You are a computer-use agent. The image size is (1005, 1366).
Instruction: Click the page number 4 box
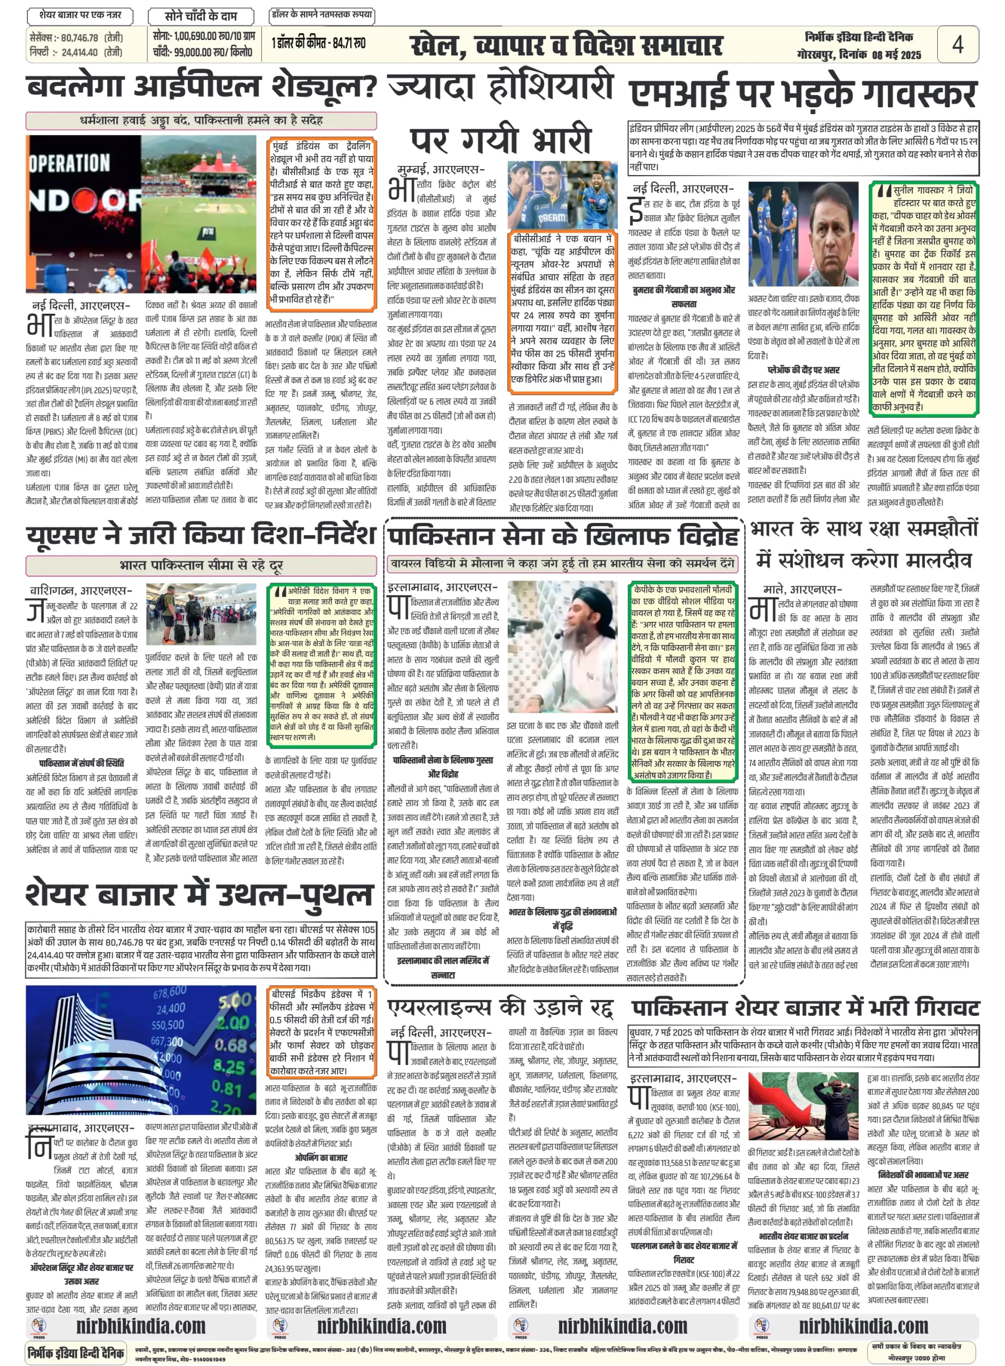(x=958, y=44)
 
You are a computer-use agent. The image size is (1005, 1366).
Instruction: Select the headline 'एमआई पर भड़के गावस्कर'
(x=803, y=94)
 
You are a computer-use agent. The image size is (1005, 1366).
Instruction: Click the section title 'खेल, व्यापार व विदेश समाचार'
(x=566, y=45)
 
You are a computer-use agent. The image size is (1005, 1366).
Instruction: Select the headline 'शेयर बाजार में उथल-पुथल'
(x=198, y=894)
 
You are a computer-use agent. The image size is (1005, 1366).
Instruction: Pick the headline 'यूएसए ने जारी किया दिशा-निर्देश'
(x=201, y=535)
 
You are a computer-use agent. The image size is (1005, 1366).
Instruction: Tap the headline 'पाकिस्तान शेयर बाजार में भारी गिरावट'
(x=805, y=1007)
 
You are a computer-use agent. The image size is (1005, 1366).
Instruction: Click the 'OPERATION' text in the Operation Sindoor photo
(x=70, y=163)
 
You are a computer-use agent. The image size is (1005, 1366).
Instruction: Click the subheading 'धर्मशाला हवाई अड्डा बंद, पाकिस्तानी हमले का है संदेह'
(x=201, y=121)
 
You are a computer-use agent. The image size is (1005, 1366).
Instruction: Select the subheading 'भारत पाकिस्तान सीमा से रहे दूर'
(x=201, y=565)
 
